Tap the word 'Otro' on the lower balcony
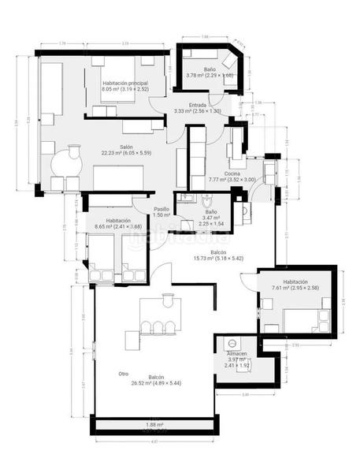pyautogui.click(x=123, y=374)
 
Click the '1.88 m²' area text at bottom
pyautogui.click(x=155, y=426)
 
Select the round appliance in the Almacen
pyautogui.click(x=232, y=345)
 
